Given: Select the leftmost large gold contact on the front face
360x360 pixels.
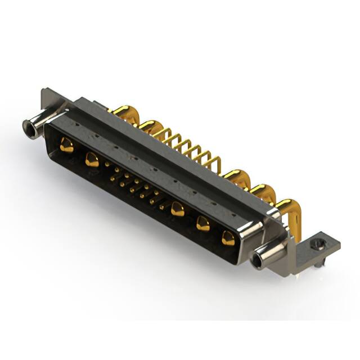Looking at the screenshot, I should click(66, 146).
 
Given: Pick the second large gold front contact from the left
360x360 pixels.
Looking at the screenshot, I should click(92, 160).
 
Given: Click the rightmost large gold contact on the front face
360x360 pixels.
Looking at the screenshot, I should click(228, 238).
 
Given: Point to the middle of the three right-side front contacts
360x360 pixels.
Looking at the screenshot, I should click(202, 224).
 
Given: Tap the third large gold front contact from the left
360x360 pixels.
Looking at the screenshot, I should click(178, 210).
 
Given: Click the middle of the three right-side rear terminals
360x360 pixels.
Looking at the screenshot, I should click(260, 192).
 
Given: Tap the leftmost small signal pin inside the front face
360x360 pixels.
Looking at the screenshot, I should click(107, 164).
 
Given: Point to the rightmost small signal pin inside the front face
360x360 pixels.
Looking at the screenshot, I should click(162, 207).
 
